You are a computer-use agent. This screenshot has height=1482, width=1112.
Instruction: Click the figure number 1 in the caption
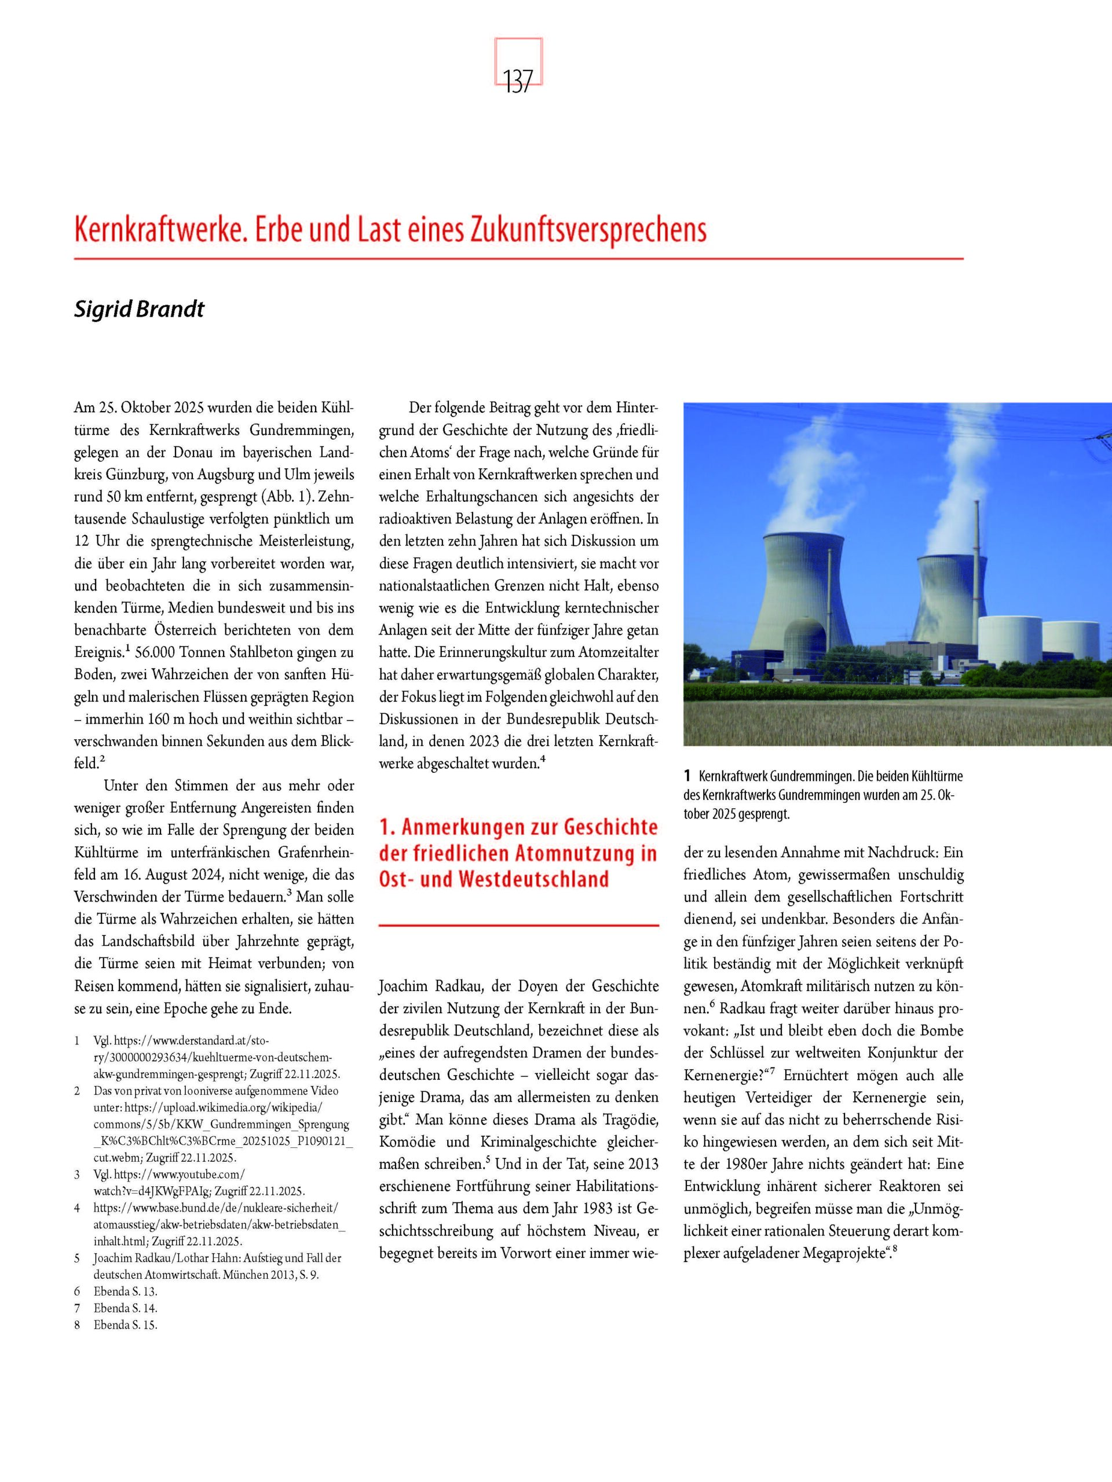pyautogui.click(x=687, y=777)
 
